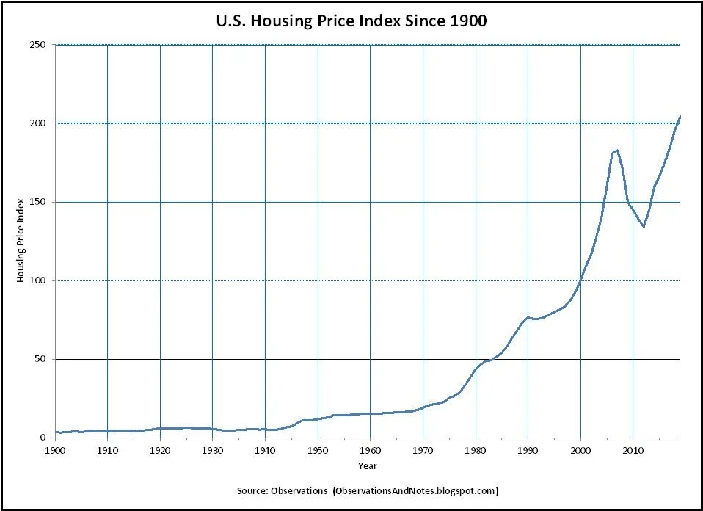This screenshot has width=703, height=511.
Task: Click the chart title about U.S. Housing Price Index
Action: pyautogui.click(x=351, y=21)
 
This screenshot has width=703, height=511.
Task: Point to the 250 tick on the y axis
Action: pyautogui.click(x=39, y=45)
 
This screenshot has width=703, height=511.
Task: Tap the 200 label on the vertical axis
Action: pyautogui.click(x=39, y=123)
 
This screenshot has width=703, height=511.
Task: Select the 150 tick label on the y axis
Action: pyautogui.click(x=39, y=202)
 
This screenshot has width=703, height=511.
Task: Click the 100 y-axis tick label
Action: pyautogui.click(x=39, y=280)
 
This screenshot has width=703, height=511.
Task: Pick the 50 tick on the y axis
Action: pyautogui.click(x=41, y=359)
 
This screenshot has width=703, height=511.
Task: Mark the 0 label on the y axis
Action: pyautogui.click(x=44, y=438)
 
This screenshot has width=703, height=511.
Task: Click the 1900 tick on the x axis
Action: pyautogui.click(x=55, y=449)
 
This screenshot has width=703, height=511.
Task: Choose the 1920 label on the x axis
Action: pyautogui.click(x=160, y=449)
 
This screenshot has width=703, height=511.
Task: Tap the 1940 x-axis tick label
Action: pyautogui.click(x=265, y=449)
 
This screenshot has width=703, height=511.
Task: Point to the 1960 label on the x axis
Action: pyautogui.click(x=371, y=449)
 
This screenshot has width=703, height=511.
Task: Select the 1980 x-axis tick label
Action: pyautogui.click(x=476, y=449)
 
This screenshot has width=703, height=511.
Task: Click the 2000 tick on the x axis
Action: pyautogui.click(x=580, y=449)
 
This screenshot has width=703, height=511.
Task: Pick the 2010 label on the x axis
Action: pyautogui.click(x=633, y=449)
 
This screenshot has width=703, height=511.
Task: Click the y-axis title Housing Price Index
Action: pyautogui.click(x=21, y=241)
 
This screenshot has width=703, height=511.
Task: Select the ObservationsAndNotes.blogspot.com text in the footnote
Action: pyautogui.click(x=417, y=490)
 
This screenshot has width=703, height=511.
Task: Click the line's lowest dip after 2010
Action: pyautogui.click(x=644, y=226)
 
